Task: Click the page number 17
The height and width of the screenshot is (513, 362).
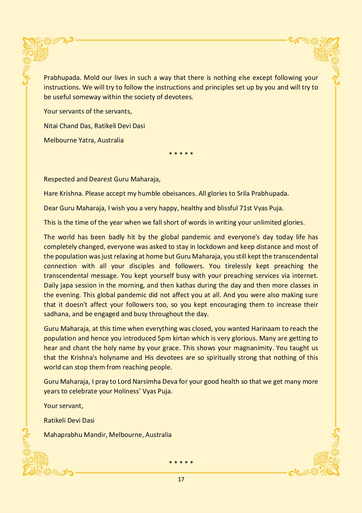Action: coord(181,479)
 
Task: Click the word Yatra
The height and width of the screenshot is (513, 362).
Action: coord(86,140)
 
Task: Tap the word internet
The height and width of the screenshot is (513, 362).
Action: coord(305,276)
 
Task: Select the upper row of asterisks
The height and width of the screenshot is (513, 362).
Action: coord(181,154)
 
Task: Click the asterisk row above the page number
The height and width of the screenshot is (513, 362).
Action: coord(181,463)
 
